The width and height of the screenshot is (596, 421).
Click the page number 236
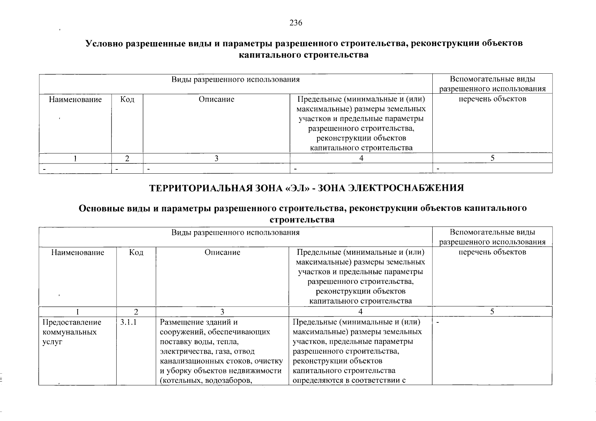tap(296, 23)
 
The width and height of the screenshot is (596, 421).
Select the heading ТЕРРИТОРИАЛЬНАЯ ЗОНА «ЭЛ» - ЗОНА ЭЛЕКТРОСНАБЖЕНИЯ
tap(307, 188)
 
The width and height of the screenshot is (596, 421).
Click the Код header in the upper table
tap(127, 99)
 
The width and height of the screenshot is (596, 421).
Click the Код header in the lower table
tap(136, 252)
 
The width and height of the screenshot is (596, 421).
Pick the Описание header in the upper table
tap(216, 99)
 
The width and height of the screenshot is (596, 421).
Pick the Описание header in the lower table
tap(222, 252)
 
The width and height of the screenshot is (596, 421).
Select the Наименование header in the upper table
tap(75, 99)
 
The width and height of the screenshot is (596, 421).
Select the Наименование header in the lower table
tap(78, 252)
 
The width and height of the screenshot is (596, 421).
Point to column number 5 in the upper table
tap(492, 158)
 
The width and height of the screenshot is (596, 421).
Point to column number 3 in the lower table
tap(222, 312)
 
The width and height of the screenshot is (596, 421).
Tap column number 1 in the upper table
tap(75, 158)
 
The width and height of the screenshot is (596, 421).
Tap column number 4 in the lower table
tap(360, 312)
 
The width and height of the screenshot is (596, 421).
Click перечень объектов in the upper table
tap(492, 99)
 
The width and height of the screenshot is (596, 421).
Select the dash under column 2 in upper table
tap(117, 169)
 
